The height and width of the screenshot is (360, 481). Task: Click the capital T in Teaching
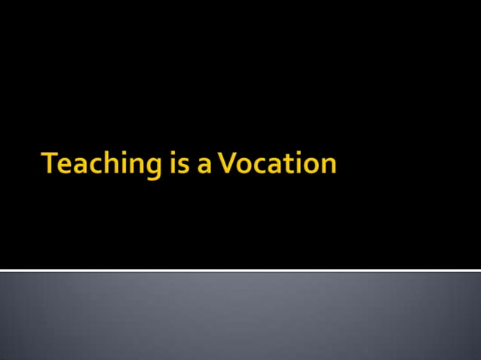(x=51, y=163)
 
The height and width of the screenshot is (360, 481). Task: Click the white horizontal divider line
(x=240, y=270)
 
